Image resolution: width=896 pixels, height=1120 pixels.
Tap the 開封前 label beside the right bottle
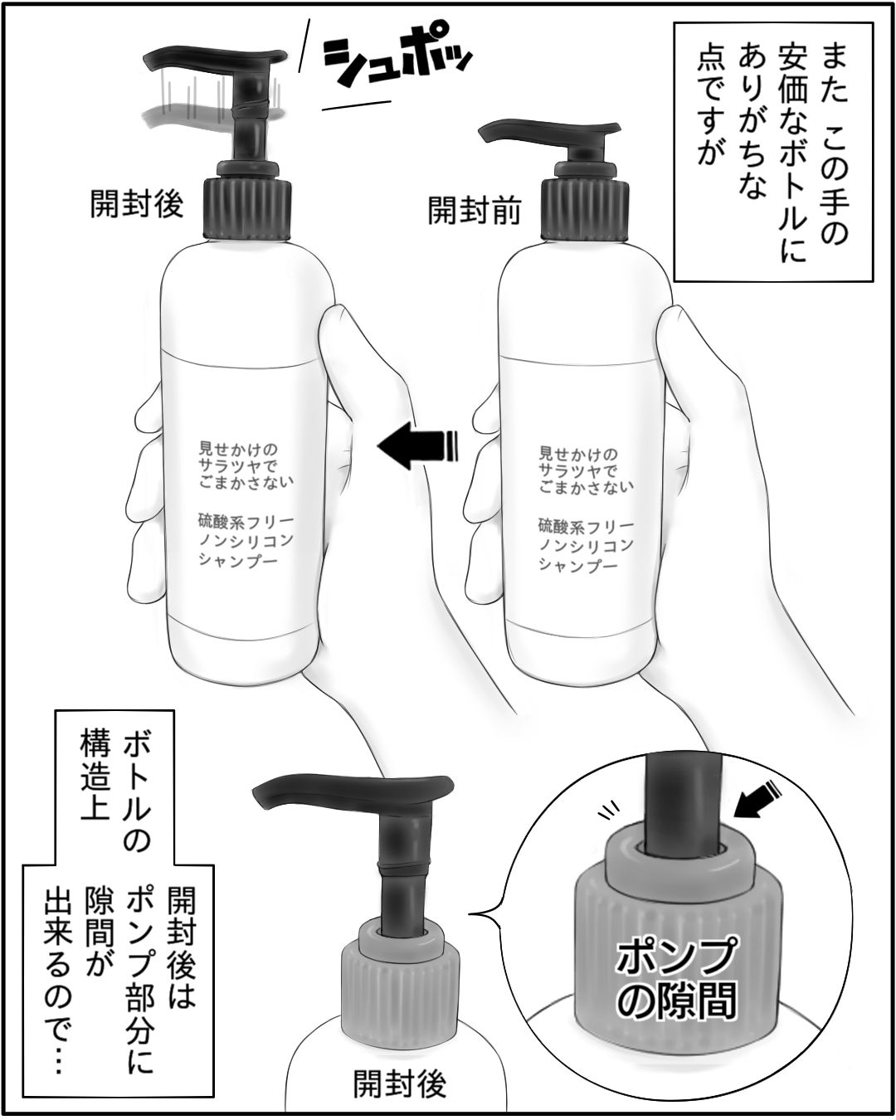pyautogui.click(x=475, y=210)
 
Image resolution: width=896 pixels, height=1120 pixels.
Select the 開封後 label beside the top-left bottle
pyautogui.click(x=136, y=202)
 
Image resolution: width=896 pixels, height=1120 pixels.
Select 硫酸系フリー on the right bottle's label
pyautogui.click(x=586, y=527)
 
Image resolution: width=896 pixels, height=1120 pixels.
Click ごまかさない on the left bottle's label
pyautogui.click(x=246, y=482)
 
